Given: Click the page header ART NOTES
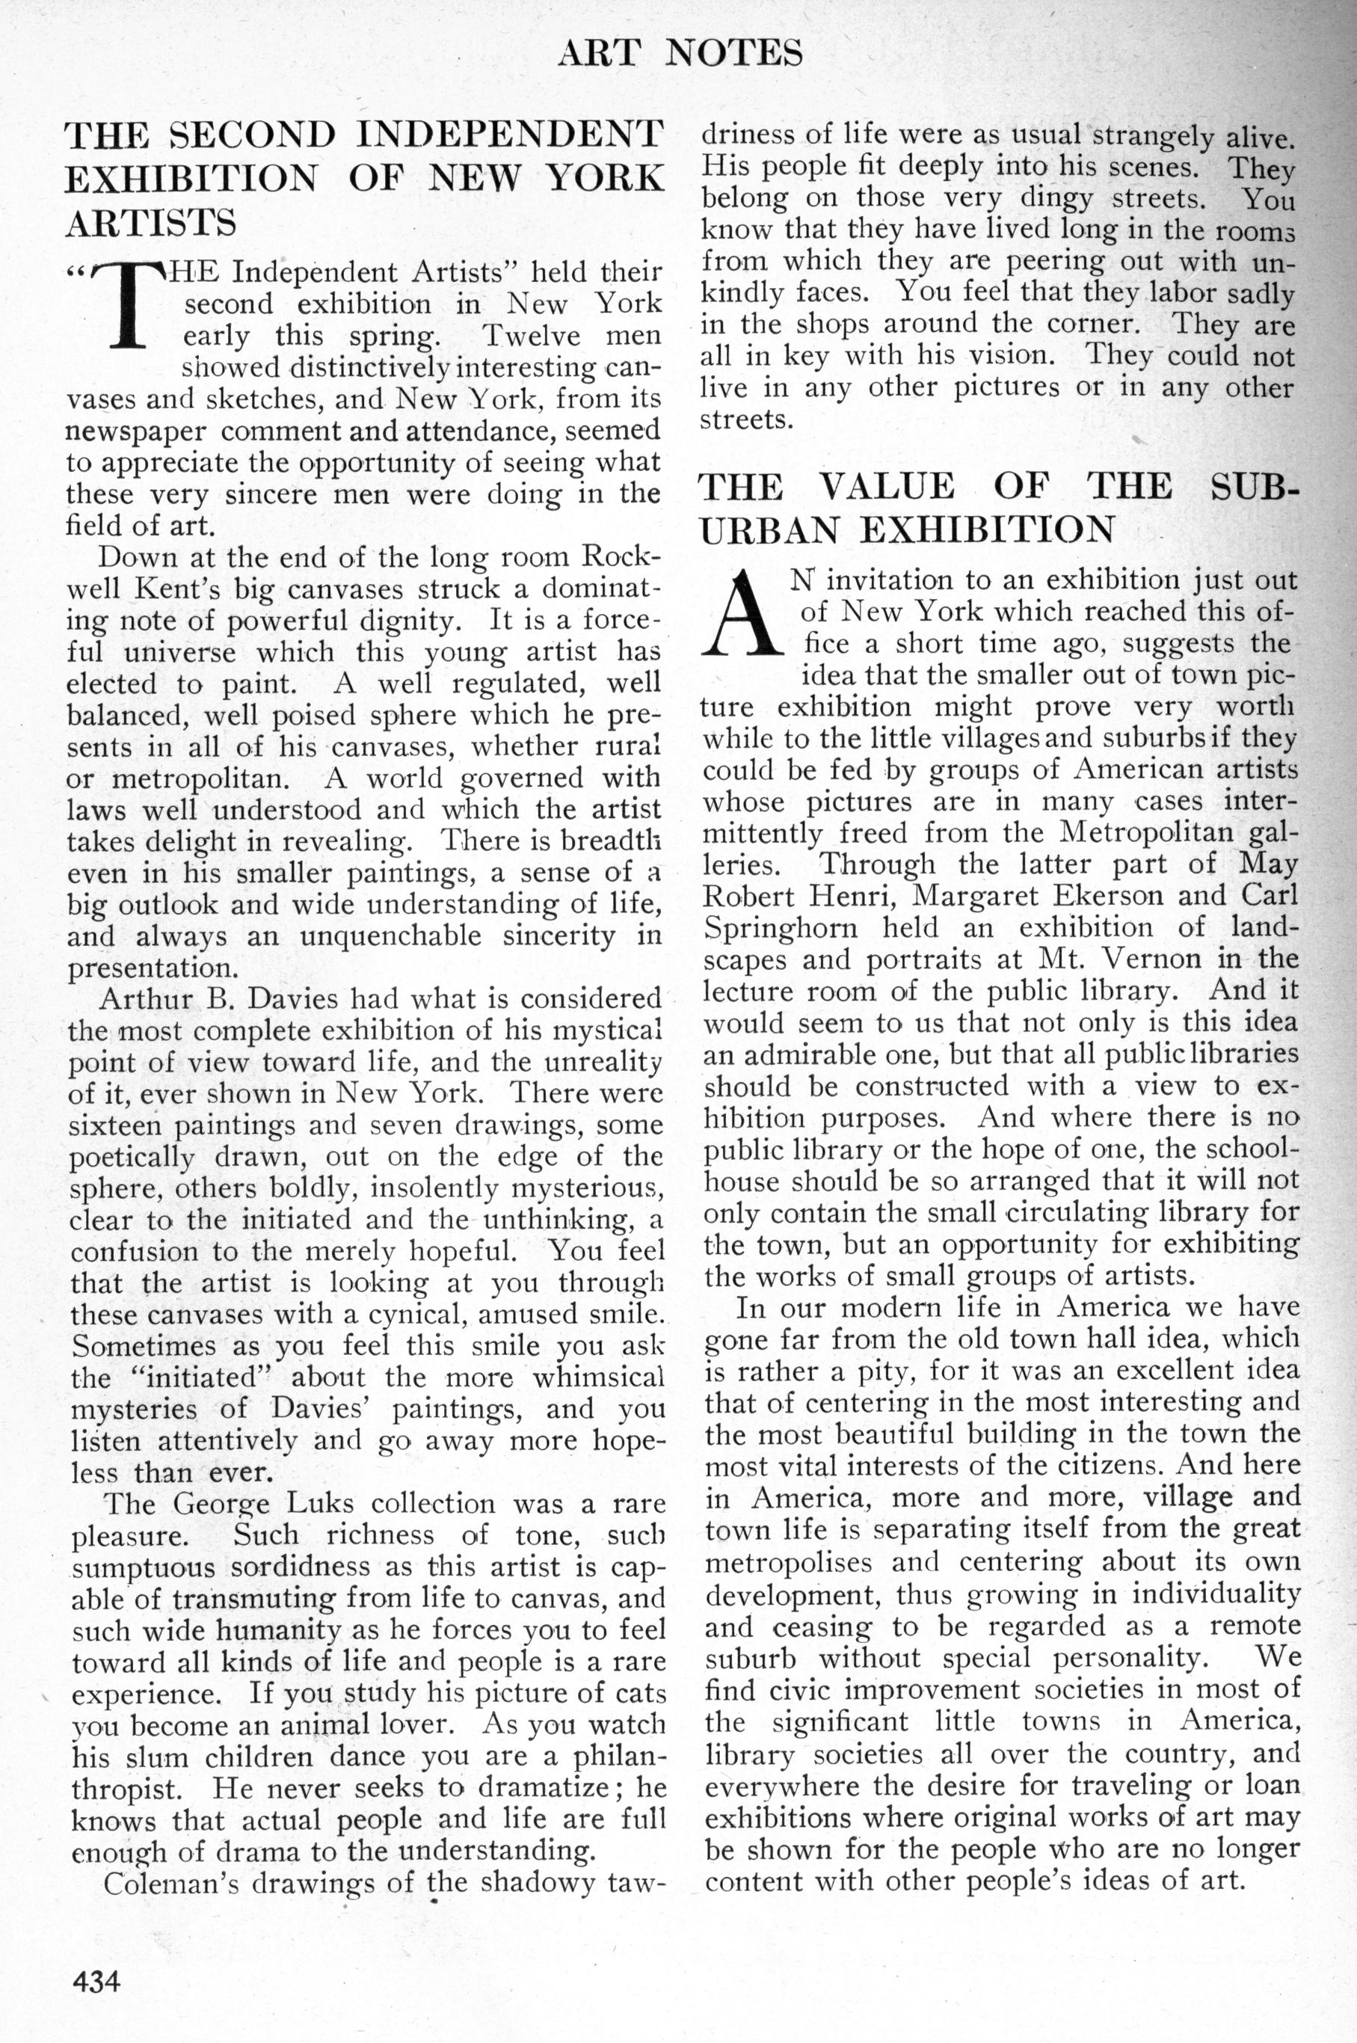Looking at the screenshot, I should (680, 54).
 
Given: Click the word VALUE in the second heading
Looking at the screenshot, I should (888, 487).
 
